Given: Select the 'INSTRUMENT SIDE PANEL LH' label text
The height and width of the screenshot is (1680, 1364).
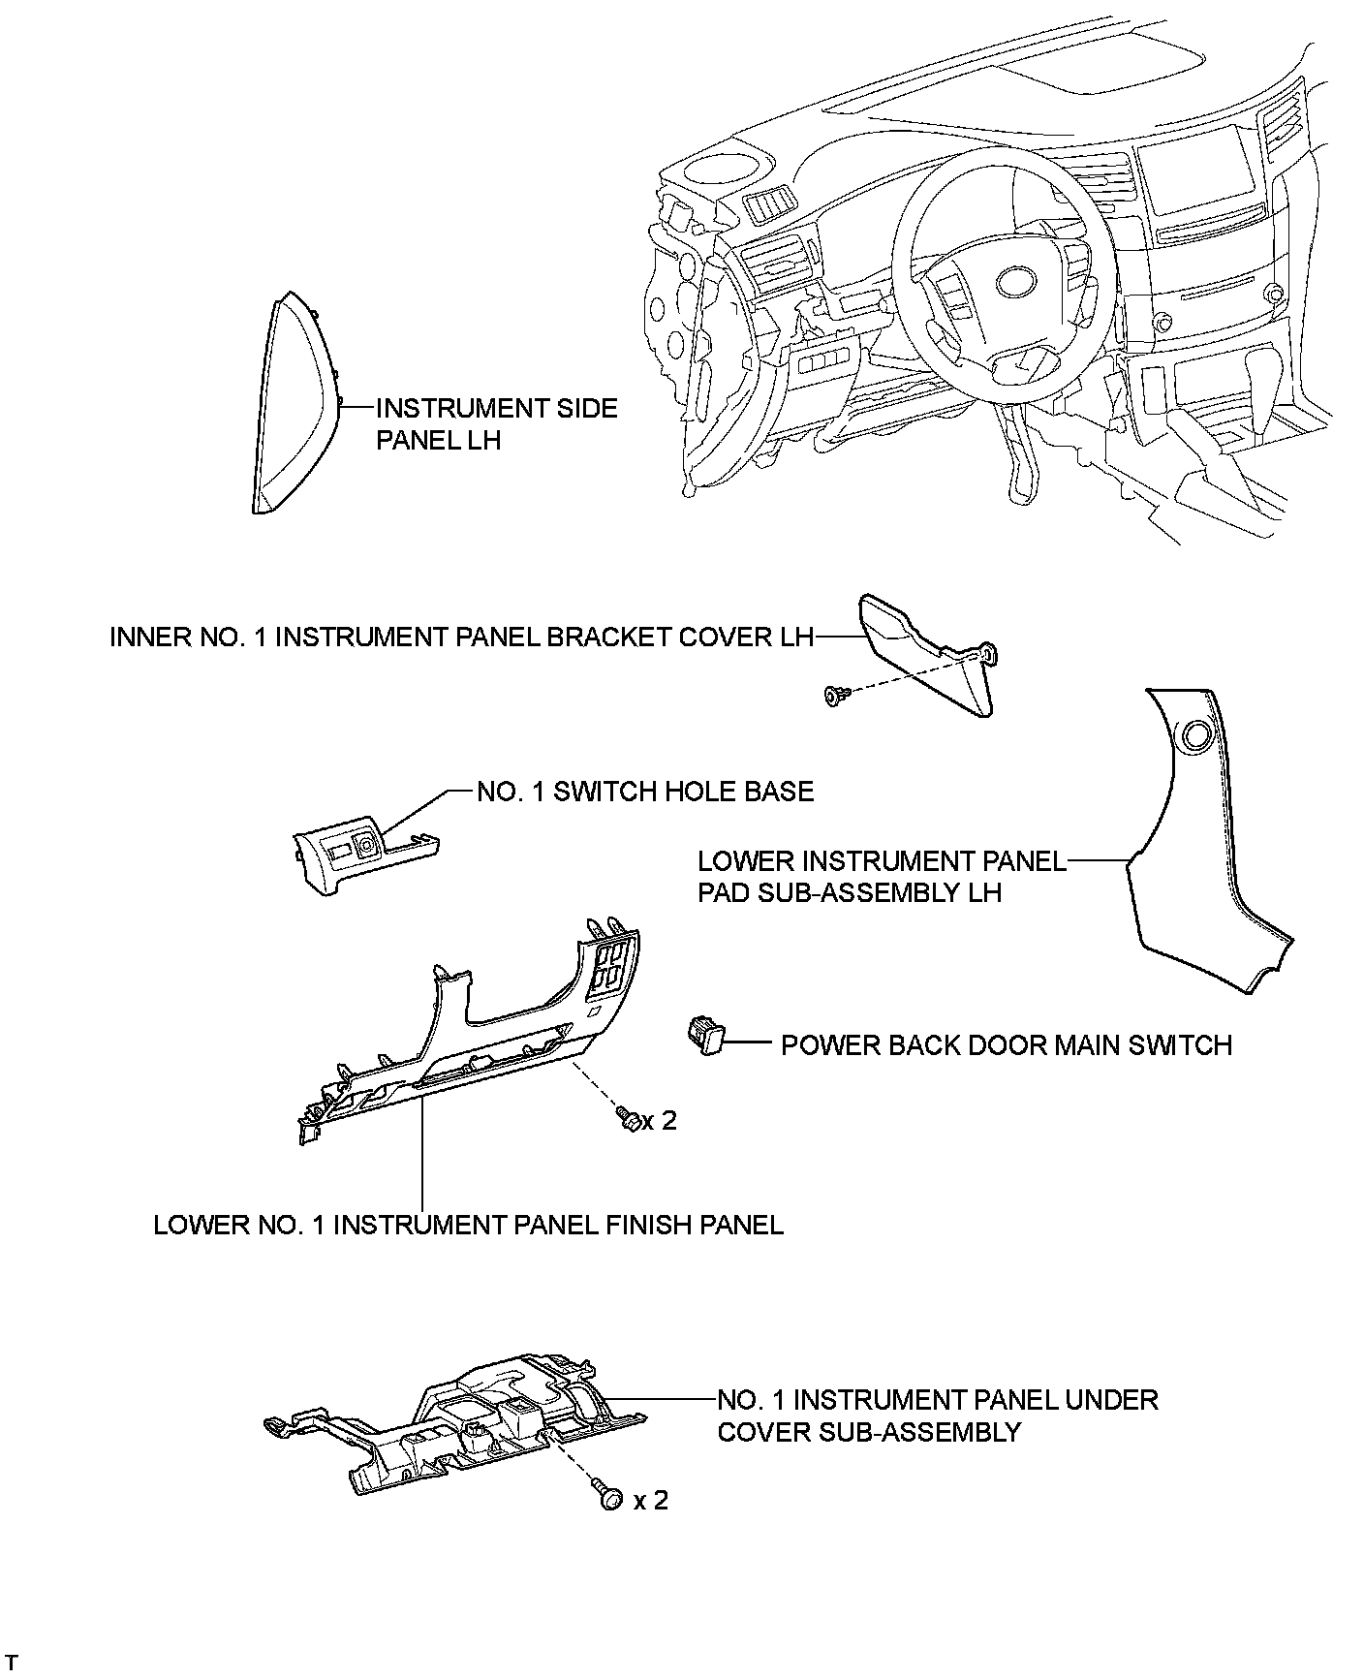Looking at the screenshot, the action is click(x=496, y=423).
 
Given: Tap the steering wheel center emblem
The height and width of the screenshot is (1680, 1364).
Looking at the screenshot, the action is click(x=1015, y=283).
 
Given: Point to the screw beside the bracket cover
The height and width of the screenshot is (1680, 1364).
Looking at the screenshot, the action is click(x=837, y=694).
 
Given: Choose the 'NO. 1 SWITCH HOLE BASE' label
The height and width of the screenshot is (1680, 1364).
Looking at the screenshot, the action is click(x=645, y=792).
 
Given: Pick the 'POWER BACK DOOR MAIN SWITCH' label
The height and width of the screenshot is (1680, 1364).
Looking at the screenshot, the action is click(x=1007, y=1044).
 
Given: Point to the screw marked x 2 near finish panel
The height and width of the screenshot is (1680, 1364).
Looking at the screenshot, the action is click(x=626, y=1120).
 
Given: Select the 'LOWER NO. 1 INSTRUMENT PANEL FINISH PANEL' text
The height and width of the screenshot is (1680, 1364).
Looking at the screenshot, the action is click(x=468, y=1225).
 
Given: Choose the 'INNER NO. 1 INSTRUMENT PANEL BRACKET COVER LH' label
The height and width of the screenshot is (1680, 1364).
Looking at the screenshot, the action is click(x=461, y=637).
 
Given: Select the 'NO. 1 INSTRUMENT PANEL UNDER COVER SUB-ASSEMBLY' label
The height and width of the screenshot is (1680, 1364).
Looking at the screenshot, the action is click(x=937, y=1416).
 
